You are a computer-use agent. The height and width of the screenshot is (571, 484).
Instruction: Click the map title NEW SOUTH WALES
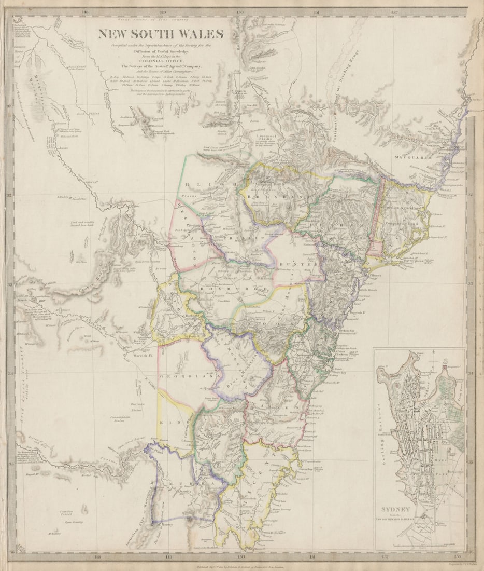161,34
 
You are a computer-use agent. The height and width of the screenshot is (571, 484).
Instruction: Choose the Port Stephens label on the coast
416,261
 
